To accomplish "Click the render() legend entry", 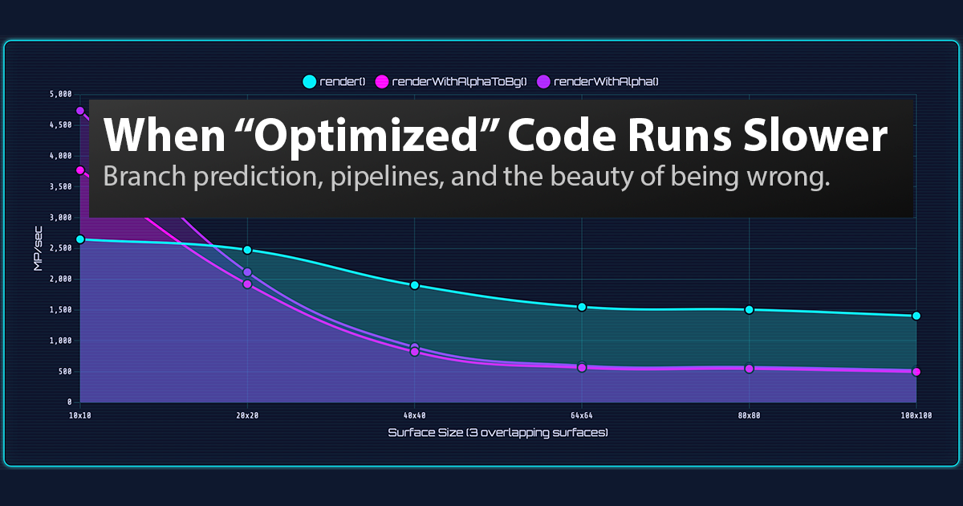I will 334,81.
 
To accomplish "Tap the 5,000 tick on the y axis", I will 60,94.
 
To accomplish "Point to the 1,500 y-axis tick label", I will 60,310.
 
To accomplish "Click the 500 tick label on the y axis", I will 63,372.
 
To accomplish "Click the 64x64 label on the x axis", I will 581,415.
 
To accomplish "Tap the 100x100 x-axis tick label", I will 916,415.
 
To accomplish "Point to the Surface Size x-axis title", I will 498,432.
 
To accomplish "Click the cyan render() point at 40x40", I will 414,285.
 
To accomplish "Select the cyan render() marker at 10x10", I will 80,239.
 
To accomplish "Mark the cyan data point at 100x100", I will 916,316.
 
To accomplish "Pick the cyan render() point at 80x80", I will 749,309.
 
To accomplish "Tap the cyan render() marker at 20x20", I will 247,251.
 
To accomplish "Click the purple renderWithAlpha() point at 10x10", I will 80,111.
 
